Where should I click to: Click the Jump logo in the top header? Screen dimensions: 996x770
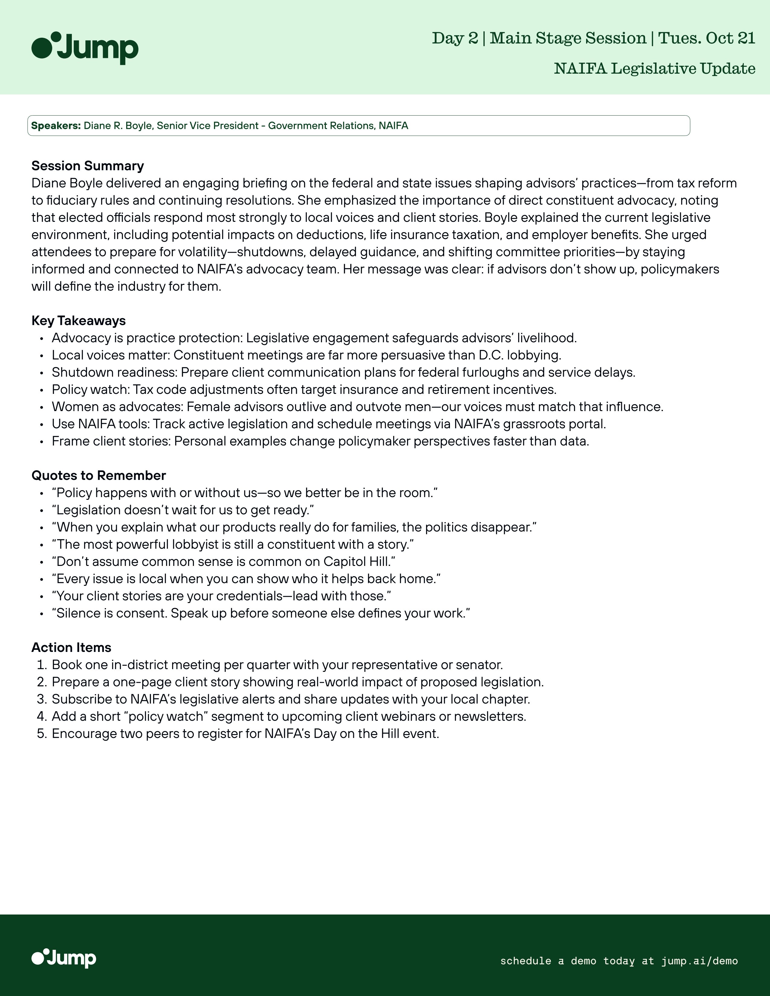(85, 48)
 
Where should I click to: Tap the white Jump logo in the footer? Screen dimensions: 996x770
(64, 958)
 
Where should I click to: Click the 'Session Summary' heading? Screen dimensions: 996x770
(88, 165)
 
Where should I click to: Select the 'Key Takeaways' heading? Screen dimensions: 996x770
(79, 321)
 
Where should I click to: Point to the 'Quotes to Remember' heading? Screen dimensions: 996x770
(98, 475)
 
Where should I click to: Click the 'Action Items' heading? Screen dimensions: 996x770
(71, 648)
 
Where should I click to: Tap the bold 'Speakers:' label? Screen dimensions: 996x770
(56, 126)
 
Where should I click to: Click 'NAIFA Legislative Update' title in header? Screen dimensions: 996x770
(655, 69)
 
